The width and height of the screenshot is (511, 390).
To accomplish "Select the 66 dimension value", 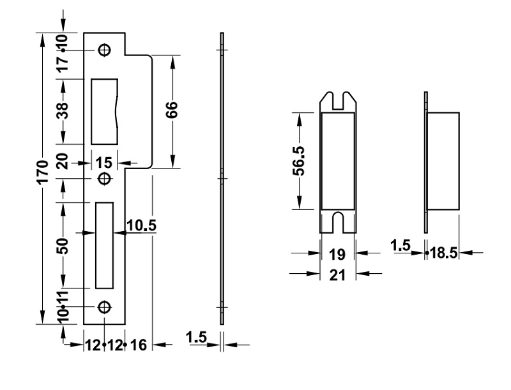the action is [172, 110].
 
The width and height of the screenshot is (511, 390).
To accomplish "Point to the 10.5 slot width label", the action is [141, 225].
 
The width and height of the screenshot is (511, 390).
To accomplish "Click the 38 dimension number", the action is [63, 110].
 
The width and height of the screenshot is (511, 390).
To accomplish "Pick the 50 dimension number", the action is [63, 246].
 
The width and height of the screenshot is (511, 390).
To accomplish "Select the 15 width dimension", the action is [104, 163].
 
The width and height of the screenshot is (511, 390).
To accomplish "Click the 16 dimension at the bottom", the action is [139, 345].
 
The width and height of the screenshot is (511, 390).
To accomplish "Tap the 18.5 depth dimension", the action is [444, 253].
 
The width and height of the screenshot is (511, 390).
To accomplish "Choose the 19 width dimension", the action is [337, 255].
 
